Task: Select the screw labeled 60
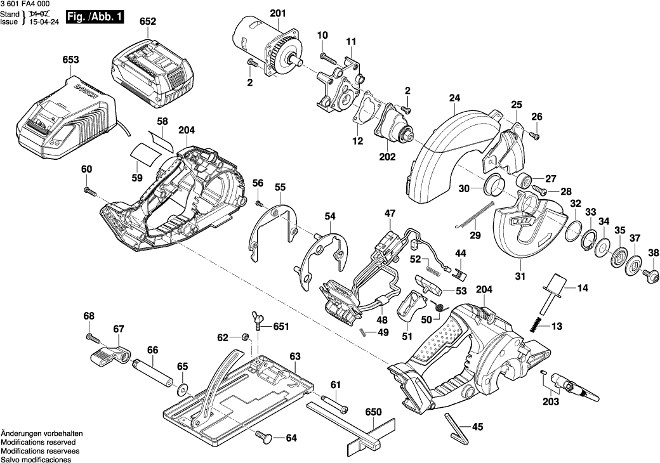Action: (x=88, y=190)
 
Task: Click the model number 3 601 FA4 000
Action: (x=25, y=5)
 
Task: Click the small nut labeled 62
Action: (x=244, y=337)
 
